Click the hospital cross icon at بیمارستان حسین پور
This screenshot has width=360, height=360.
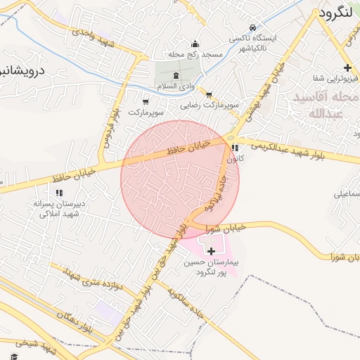pyautogui.click(x=211, y=250)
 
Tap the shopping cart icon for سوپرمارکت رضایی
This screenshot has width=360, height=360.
pyautogui.click(x=209, y=94)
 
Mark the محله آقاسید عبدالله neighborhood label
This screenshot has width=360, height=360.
pyautogui.click(x=327, y=104)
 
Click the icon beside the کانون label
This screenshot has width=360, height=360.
pyautogui.click(x=234, y=148)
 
